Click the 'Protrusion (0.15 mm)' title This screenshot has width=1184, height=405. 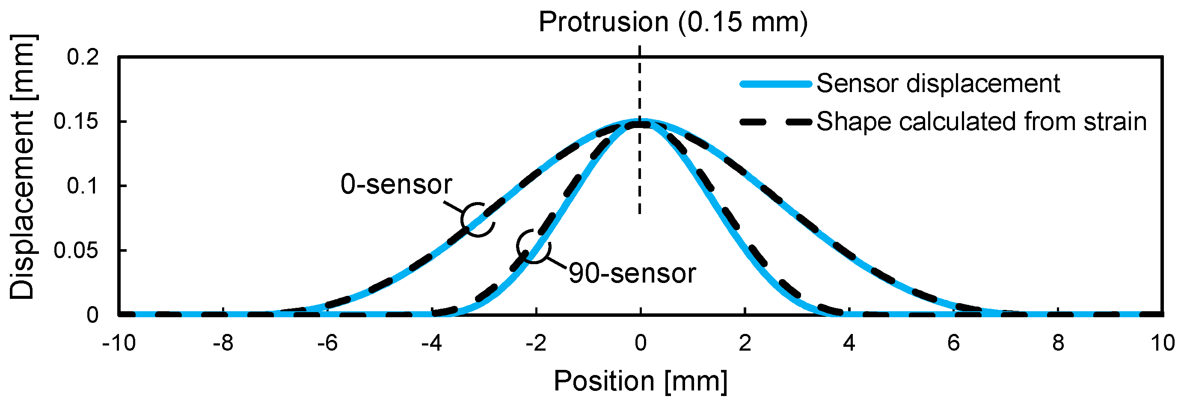point(673,22)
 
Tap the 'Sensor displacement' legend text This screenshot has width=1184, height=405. point(938,83)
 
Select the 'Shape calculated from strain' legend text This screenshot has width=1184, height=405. point(981,122)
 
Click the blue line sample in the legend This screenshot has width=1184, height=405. point(775,83)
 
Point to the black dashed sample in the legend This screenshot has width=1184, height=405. point(775,122)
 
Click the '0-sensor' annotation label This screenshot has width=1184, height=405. point(396,185)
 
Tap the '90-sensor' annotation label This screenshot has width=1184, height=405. point(632,273)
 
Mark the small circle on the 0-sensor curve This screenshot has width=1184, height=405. point(478,219)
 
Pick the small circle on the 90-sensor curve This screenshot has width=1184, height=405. point(533,246)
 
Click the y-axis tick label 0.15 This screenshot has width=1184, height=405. point(76,122)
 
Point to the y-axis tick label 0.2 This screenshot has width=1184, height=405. point(83,57)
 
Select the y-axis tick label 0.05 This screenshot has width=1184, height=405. point(76,250)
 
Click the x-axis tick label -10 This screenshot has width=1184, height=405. point(119,343)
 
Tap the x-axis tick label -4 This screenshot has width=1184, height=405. point(432,343)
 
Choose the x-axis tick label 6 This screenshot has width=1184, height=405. point(954,343)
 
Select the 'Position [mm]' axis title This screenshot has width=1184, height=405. point(640,381)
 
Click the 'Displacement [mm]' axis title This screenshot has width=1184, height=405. point(22,167)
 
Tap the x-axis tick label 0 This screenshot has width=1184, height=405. point(640,343)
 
